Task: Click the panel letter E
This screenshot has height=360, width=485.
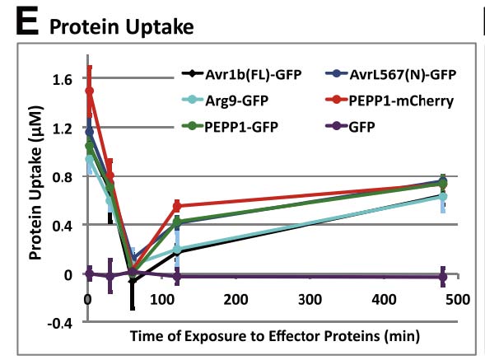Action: pyautogui.click(x=27, y=21)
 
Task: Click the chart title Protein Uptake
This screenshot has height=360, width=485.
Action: pyautogui.click(x=122, y=26)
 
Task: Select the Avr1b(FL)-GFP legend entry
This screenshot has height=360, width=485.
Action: pyautogui.click(x=241, y=74)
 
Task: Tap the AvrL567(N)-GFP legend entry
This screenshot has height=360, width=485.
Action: pyautogui.click(x=391, y=74)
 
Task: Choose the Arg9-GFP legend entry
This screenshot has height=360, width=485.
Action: pyautogui.click(x=225, y=101)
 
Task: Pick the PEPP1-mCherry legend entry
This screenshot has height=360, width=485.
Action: pyautogui.click(x=389, y=101)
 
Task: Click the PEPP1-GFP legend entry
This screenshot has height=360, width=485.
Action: pyautogui.click(x=230, y=127)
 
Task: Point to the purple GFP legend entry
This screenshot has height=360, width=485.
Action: pyautogui.click(x=351, y=127)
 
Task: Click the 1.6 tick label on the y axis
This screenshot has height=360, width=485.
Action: pyautogui.click(x=63, y=80)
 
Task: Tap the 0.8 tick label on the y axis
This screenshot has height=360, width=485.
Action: pyautogui.click(x=63, y=177)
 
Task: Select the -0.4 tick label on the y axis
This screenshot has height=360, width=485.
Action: pyautogui.click(x=60, y=324)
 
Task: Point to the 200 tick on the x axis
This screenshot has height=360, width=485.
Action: pyautogui.click(x=236, y=300)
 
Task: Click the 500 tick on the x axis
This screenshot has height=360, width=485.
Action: pyautogui.click(x=458, y=300)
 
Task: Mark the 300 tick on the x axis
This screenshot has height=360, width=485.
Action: pyautogui.click(x=310, y=300)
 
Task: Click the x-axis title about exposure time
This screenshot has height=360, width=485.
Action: pyautogui.click(x=275, y=336)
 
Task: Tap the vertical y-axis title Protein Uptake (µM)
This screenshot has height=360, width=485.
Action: pyautogui.click(x=35, y=183)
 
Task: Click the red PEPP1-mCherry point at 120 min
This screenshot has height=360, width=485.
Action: pyautogui.click(x=177, y=206)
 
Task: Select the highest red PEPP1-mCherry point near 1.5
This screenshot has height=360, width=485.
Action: pyautogui.click(x=90, y=91)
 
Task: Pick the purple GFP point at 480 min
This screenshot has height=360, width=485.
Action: pyautogui.click(x=443, y=277)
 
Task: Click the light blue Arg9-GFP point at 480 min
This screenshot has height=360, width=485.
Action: pyautogui.click(x=443, y=197)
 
